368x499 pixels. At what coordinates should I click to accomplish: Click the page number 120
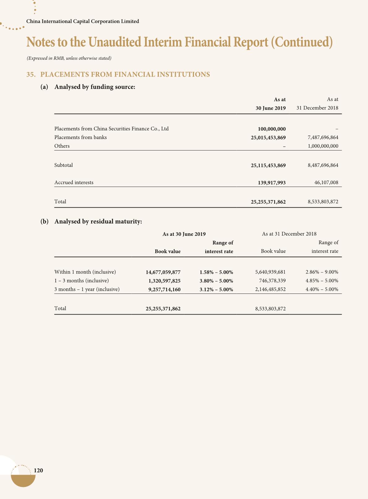coord(38,470)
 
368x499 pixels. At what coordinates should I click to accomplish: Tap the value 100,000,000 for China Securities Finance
coord(272,129)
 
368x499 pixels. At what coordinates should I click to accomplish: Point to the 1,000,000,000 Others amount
coord(323,146)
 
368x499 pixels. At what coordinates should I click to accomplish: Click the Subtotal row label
coord(64,165)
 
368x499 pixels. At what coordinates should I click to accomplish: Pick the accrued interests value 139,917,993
coord(272,183)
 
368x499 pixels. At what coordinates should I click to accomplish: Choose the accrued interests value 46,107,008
coord(326,183)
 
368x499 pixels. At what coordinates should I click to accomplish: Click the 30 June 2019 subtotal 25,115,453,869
coord(268,165)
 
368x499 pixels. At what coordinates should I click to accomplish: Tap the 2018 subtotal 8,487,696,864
coord(323,165)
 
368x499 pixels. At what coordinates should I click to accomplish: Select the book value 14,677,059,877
coord(163,272)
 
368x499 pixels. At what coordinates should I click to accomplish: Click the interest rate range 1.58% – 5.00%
coord(216,272)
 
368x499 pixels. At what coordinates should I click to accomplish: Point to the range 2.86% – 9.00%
coord(322,272)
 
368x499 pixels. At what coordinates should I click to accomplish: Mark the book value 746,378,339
coord(272,281)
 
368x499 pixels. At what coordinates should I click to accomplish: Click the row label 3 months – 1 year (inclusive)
coord(87,289)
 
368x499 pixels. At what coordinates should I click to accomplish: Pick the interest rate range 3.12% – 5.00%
coord(216,290)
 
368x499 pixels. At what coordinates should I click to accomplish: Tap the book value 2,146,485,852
coord(270,290)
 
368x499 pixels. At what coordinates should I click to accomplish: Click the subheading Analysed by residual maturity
coord(98,222)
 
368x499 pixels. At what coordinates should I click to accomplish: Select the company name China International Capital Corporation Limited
coord(83,21)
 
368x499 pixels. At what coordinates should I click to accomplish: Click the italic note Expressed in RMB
coord(69,58)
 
